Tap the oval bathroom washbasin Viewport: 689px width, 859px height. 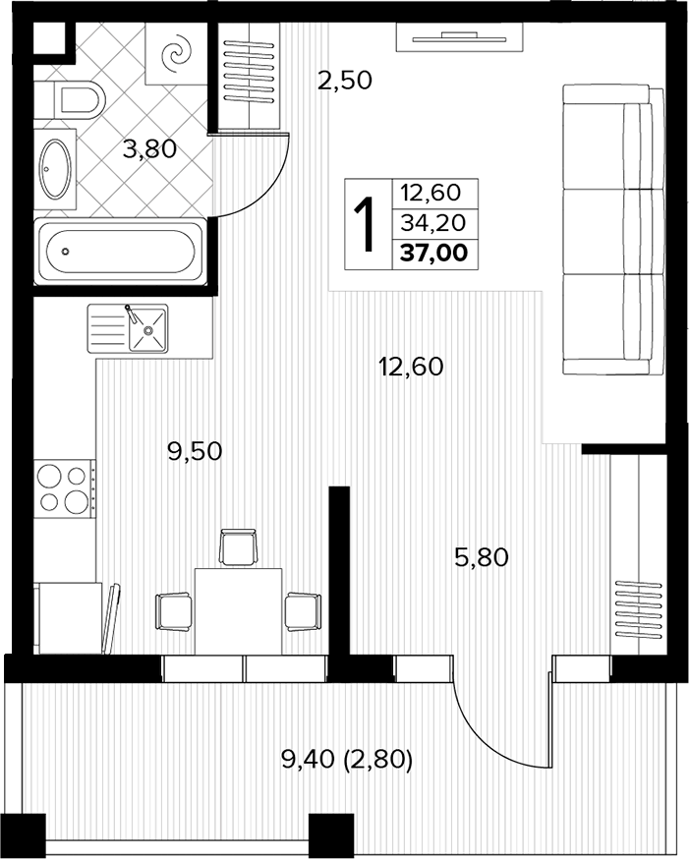[55, 169]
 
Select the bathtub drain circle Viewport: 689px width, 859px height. [66, 252]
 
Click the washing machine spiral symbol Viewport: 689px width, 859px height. [176, 54]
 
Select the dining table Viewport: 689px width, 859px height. [238, 610]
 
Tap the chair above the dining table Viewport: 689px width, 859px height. [238, 546]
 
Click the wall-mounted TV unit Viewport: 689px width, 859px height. [458, 37]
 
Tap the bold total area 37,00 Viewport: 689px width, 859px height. [434, 254]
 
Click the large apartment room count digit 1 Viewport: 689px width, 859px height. [366, 224]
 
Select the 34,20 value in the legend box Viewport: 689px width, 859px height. [433, 223]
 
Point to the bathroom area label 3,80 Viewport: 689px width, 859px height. [149, 148]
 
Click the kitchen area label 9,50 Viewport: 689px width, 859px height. [195, 451]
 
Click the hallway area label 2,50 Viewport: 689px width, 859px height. [345, 81]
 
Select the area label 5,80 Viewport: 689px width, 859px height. [482, 557]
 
